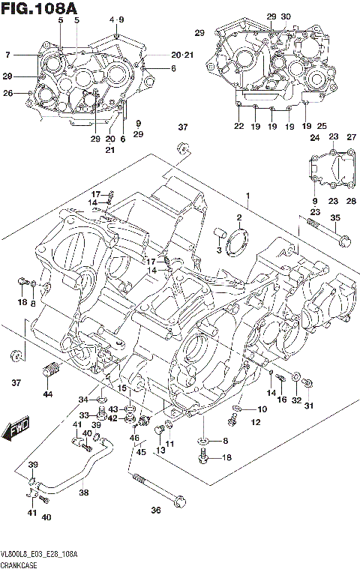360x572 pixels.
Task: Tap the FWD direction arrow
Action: pos(16,431)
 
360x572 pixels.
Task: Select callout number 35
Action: pos(335,218)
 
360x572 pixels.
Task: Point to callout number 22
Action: pos(239,126)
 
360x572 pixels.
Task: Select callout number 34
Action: pos(83,400)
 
